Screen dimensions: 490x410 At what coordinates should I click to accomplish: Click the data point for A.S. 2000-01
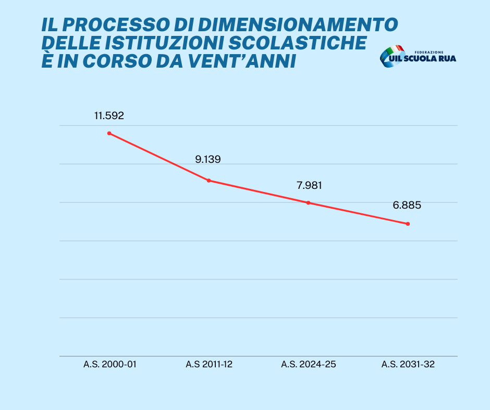point(109,133)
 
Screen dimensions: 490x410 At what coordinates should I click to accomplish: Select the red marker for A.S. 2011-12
point(209,181)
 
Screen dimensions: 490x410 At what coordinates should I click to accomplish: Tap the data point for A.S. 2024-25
point(308,203)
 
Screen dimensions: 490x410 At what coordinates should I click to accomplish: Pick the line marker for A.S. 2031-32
point(408,224)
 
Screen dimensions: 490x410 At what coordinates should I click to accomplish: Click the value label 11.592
point(109,116)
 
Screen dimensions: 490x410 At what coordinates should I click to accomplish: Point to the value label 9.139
point(208,159)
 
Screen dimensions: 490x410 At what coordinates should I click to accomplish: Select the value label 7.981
point(309,185)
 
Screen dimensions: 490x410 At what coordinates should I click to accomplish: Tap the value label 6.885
point(407,205)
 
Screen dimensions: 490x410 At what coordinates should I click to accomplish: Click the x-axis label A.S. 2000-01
point(110,364)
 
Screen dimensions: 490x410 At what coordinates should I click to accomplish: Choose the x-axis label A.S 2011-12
point(209,364)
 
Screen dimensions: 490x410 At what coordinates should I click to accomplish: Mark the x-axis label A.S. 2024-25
point(309,364)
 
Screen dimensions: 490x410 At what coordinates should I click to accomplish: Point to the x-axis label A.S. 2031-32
point(408,364)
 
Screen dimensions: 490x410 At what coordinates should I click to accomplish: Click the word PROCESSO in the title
point(116,24)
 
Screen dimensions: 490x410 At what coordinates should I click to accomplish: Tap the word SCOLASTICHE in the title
point(298,43)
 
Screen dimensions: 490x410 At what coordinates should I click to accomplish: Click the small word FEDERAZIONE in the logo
point(429,52)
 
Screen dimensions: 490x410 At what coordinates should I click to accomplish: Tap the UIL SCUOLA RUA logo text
point(423,58)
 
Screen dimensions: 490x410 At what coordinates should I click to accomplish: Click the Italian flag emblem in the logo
point(392,56)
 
